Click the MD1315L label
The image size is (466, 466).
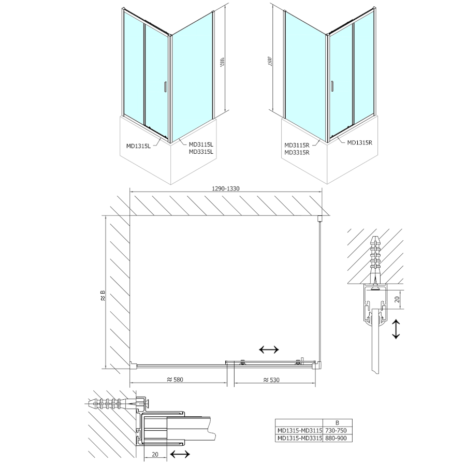tap(138, 146)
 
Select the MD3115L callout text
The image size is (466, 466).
tap(201, 144)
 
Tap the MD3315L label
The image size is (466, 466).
tap(201, 152)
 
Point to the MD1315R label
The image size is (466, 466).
tap(360, 142)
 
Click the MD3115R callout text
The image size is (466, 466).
tap(297, 145)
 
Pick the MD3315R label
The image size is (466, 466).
tap(297, 153)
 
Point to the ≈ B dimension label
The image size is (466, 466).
tap(102, 296)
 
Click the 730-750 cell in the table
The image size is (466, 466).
tap(337, 430)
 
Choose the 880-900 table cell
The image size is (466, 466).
tap(337, 438)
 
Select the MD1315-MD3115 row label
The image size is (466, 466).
tap(300, 430)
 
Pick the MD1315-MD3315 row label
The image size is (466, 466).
tap(300, 438)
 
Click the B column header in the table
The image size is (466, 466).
tap(337, 423)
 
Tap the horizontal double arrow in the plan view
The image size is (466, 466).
tap(269, 350)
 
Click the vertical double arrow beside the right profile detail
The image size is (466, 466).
tap(396, 329)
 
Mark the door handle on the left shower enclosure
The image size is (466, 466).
tap(166, 88)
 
